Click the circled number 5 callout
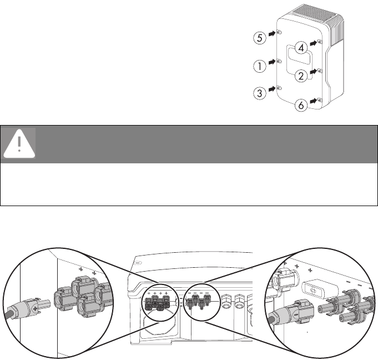tap(259, 38)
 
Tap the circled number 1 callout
tap(259, 66)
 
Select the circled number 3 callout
tap(259, 93)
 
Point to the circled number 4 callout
tap(300, 47)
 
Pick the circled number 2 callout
tap(300, 76)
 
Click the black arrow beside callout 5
tap(271, 34)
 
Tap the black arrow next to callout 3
tap(271, 89)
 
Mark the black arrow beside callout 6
tap(314, 101)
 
